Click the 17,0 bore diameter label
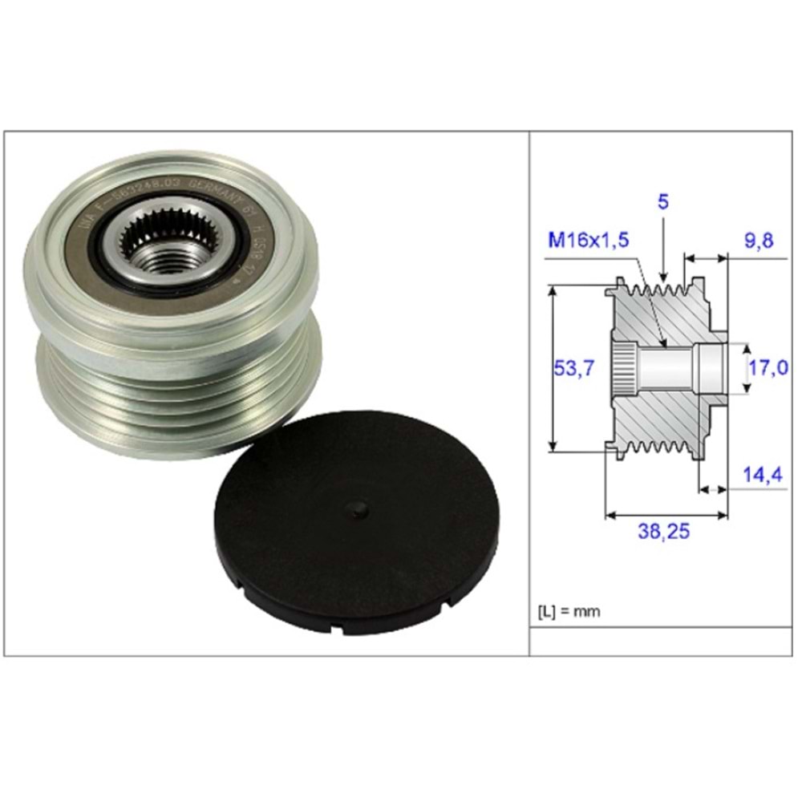768,369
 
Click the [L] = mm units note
568,611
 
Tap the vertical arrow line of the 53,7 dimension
553,368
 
